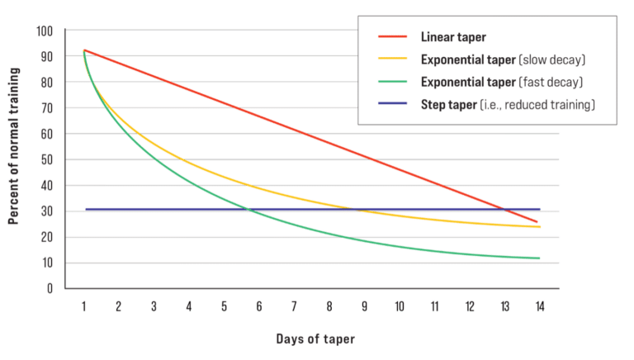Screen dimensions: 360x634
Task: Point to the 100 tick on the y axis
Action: [x=45, y=31]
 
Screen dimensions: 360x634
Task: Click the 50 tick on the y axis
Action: [x=47, y=160]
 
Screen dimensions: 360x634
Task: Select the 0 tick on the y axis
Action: [x=50, y=289]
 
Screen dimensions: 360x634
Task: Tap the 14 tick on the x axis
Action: [x=539, y=306]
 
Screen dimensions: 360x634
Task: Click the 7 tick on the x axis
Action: [x=294, y=306]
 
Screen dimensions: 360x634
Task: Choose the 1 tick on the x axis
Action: [x=84, y=306]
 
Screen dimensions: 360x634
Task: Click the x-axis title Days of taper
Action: [x=310, y=339]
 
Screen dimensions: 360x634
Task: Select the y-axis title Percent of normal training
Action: [x=14, y=159]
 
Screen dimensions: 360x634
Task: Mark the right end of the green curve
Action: [x=540, y=258]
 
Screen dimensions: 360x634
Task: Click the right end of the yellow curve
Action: [x=540, y=227]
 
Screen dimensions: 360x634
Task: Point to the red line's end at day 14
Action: [x=538, y=221]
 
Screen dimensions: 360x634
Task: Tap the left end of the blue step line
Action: [x=86, y=210]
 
